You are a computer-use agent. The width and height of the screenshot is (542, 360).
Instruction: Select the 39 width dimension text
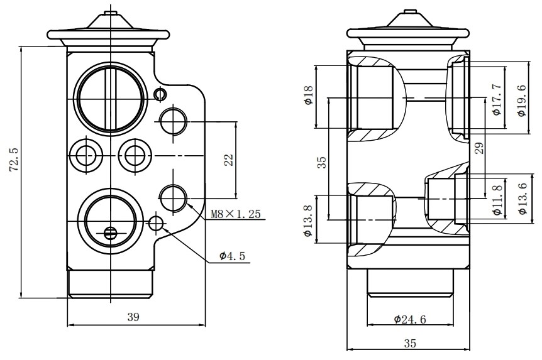pos(133,317)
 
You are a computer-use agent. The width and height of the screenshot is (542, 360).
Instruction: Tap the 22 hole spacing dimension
pos(229,159)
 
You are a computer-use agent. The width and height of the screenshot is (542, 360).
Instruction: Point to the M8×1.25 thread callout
pos(235,214)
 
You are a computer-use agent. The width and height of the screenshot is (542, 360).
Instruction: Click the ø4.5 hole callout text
pos(232,256)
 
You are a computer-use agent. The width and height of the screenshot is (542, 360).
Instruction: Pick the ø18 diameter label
pos(309,95)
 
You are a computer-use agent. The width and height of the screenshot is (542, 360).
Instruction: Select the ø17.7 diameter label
pos(496,99)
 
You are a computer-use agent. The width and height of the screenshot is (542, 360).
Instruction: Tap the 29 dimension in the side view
pos(479,148)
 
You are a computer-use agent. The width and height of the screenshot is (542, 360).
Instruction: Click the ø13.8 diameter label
pos(308,220)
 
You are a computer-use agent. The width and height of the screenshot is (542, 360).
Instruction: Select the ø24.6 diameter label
pos(411,320)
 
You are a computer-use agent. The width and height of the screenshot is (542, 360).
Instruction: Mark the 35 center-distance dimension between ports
pos(322,163)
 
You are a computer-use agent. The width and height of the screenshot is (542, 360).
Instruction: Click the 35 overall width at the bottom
pos(410,343)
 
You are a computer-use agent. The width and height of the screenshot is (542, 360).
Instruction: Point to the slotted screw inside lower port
pos(111,232)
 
